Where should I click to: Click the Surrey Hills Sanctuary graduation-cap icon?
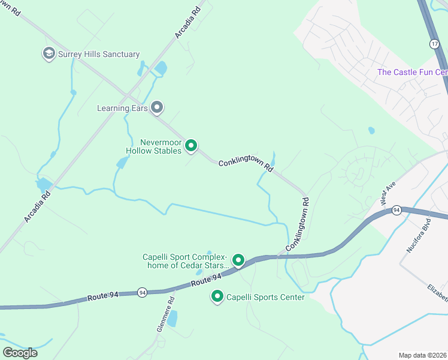49,54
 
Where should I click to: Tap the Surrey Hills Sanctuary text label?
99,55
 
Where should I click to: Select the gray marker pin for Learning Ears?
157,108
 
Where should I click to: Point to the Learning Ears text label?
122,109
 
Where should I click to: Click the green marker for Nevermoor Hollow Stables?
191,146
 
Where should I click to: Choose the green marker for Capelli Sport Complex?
238,260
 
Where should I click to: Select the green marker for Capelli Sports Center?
217,296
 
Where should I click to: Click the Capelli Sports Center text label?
265,297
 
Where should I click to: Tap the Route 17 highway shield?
434,44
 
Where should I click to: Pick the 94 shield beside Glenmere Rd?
141,292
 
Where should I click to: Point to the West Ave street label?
387,195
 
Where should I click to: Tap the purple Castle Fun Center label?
412,72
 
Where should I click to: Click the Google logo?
20,352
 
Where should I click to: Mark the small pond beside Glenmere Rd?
172,320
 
